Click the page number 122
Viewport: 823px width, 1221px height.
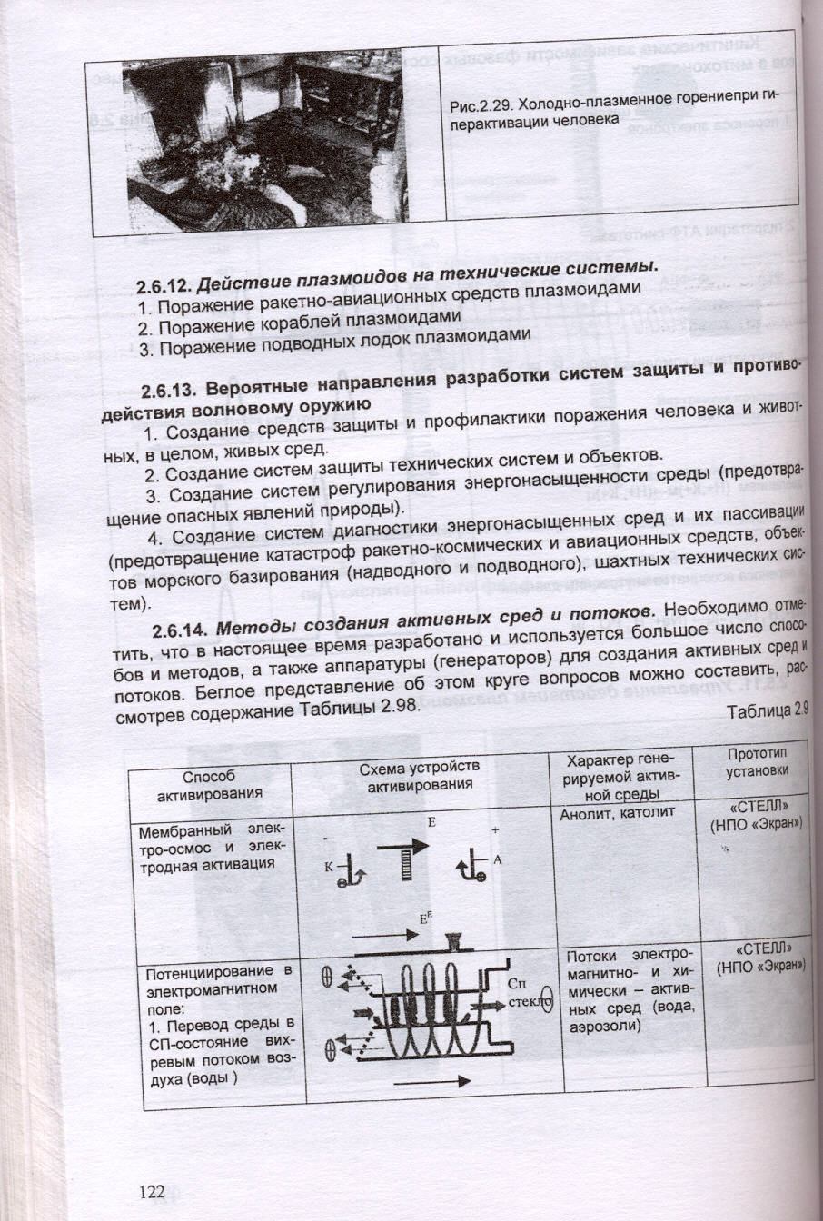pos(153,1192)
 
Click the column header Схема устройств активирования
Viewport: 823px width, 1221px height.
pos(420,776)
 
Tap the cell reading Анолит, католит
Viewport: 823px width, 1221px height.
pos(618,812)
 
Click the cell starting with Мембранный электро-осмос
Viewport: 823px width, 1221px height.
pos(211,847)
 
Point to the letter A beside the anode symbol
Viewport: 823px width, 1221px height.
pos(497,858)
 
